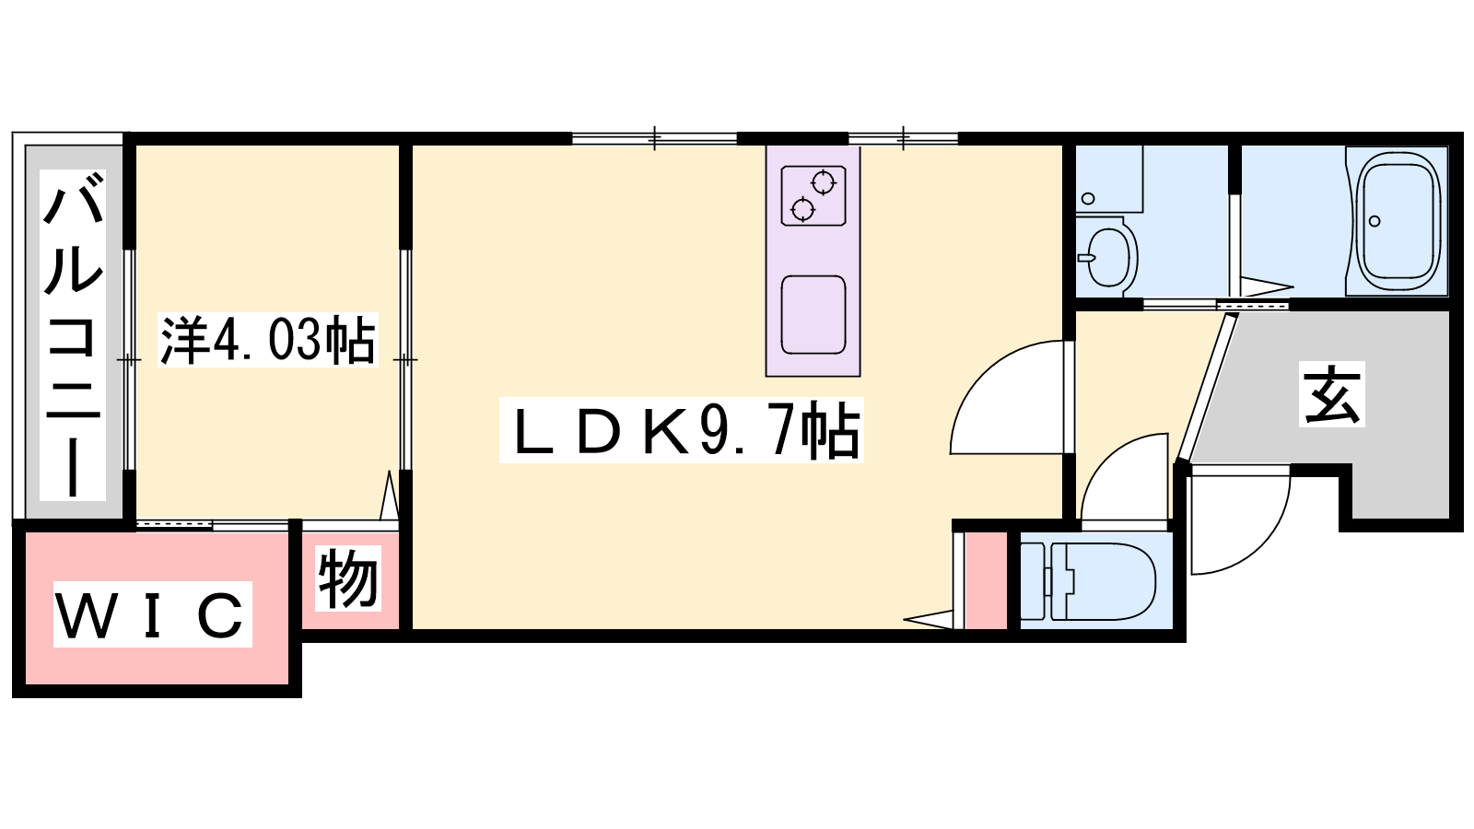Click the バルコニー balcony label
(x=73, y=334)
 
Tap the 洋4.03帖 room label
(x=268, y=340)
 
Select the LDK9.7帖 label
(x=681, y=430)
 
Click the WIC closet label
(x=153, y=613)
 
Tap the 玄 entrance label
(x=1332, y=394)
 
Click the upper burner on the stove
(x=824, y=182)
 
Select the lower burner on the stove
(x=802, y=209)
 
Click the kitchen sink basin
(x=813, y=315)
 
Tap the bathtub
(x=1398, y=222)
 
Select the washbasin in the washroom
(x=1106, y=257)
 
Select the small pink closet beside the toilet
(x=986, y=581)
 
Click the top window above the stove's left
(x=654, y=138)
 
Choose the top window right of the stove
(x=903, y=138)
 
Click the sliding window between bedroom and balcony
(x=130, y=360)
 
